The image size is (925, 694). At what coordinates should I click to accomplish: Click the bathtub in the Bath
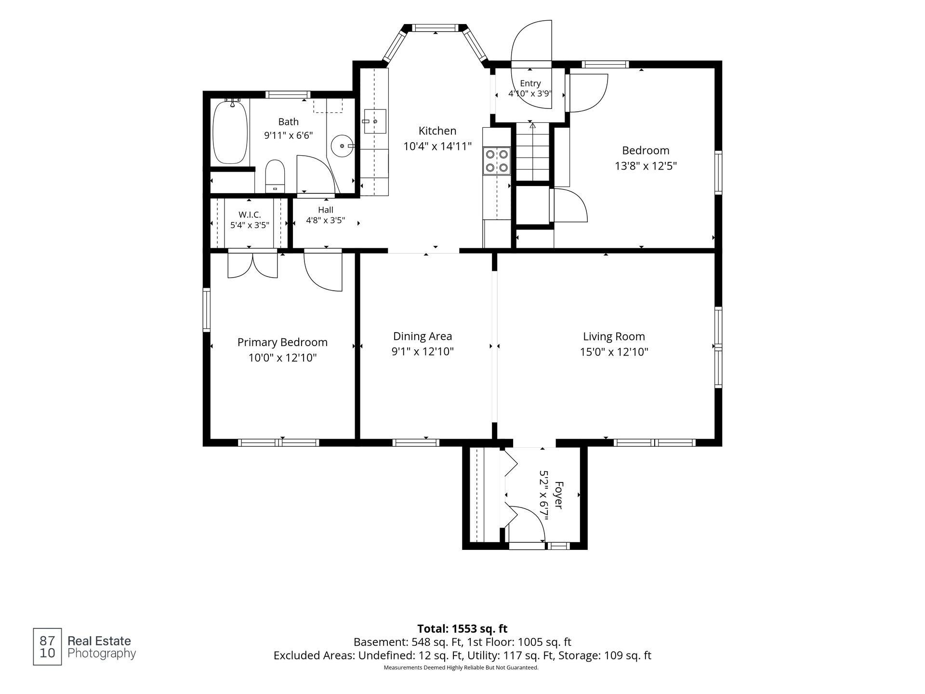(x=230, y=132)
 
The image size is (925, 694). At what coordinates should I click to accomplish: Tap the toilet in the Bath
(x=276, y=176)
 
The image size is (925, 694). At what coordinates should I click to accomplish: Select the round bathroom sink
(x=343, y=146)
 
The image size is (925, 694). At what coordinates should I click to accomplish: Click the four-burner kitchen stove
(x=497, y=161)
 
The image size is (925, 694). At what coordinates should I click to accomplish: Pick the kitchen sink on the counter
(x=375, y=121)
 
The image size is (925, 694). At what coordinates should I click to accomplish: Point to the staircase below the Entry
(x=532, y=152)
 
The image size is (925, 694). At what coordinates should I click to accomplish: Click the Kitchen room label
(x=437, y=131)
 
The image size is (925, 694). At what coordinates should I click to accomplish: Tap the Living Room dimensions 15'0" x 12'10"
(x=614, y=352)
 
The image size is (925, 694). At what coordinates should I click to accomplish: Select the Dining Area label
(x=423, y=336)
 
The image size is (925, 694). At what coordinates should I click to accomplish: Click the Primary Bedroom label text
(x=282, y=342)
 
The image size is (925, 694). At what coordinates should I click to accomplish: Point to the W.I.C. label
(x=250, y=214)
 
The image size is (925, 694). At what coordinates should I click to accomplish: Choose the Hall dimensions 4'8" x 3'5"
(x=326, y=220)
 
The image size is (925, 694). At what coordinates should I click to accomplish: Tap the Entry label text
(x=530, y=83)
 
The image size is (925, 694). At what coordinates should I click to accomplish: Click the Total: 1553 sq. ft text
(x=462, y=628)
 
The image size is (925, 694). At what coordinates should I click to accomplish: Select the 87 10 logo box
(x=47, y=647)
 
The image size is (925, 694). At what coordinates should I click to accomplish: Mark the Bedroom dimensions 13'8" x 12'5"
(x=646, y=166)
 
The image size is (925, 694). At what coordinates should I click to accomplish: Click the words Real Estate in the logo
(x=99, y=641)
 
